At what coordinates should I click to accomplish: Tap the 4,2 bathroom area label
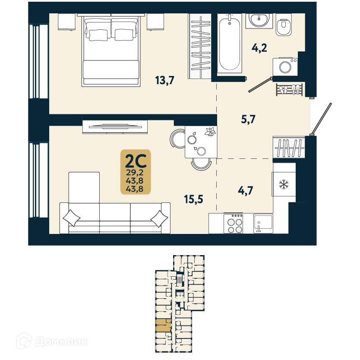tap(259, 47)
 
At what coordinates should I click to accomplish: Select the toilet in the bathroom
tap(284, 27)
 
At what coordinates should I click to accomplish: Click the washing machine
tap(285, 67)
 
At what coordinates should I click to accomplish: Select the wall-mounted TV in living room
tap(115, 126)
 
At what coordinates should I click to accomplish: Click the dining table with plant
tap(200, 142)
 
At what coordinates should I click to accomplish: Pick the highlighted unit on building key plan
tap(163, 325)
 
